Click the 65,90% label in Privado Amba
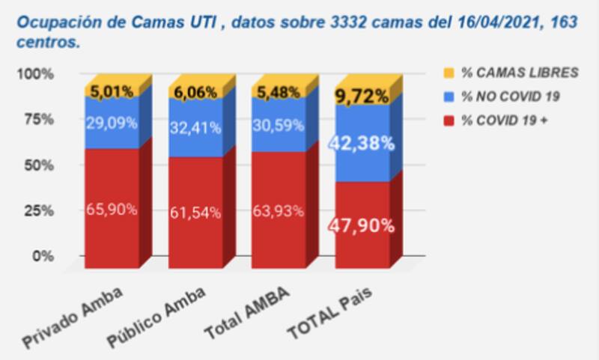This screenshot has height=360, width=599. coord(112,210)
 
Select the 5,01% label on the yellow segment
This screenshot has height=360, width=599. coord(112,91)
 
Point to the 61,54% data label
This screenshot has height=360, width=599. coord(195,213)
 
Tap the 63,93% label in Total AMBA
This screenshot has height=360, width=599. coord(279,210)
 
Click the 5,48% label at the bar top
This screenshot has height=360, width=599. coord(279,92)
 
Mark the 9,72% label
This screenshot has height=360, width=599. coord(362,96)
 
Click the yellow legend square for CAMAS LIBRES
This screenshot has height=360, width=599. coord(449,73)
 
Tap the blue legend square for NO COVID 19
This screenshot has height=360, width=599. coord(449,96)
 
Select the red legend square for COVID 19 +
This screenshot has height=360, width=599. coord(449,119)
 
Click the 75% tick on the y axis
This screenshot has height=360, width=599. coord(39,119)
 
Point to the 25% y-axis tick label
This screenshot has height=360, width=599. coord(39,210)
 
